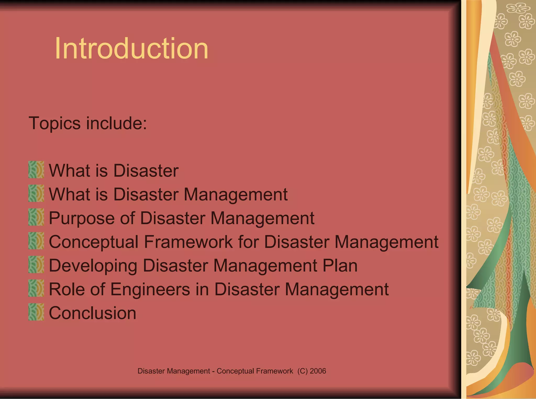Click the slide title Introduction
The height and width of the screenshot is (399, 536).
(131, 49)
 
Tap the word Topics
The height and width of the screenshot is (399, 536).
(54, 123)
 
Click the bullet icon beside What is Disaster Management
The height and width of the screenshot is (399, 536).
(36, 194)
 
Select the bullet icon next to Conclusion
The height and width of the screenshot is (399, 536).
(36, 312)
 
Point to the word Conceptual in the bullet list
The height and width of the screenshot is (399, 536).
(93, 242)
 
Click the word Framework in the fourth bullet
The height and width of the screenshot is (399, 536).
(188, 242)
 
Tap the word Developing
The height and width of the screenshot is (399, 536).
(93, 266)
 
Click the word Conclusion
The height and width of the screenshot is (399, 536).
(92, 313)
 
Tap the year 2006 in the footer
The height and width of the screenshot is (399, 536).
(318, 371)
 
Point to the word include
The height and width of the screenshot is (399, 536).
(116, 123)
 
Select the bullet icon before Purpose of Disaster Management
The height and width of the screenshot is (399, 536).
(36, 217)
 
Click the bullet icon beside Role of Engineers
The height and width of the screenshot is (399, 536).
(36, 288)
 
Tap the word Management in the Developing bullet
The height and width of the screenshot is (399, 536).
(265, 266)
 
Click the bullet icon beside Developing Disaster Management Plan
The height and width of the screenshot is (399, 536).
(36, 265)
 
